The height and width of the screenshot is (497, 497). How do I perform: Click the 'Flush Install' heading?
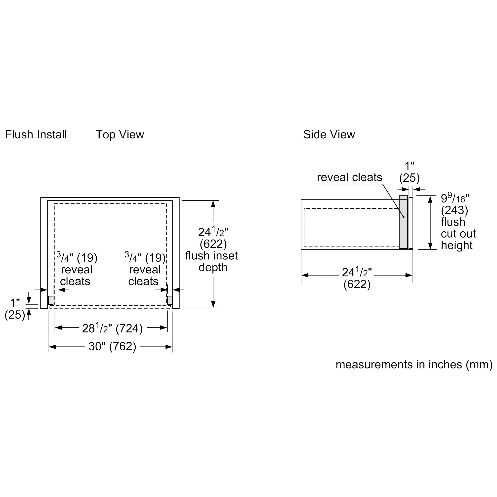36,134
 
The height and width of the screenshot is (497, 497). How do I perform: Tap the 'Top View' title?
120,134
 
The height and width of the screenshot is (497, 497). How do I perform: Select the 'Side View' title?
329,134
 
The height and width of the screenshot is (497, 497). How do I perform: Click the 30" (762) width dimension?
112,346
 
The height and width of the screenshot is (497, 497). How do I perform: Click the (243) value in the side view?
454,210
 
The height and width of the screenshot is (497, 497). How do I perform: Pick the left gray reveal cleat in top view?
51,300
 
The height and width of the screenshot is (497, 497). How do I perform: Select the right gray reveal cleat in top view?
170,300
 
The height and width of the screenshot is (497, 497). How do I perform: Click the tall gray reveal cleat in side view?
403,222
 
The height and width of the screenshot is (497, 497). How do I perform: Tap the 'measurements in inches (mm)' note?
414,365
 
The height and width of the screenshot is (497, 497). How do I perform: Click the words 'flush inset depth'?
212,262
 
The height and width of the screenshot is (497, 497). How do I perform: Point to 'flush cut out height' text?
458,234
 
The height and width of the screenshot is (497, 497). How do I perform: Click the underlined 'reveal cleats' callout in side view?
349,177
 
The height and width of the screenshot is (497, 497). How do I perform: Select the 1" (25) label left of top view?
15,309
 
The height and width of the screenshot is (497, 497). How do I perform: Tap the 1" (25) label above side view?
409,172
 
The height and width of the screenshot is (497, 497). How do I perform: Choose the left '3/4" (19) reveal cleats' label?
77,270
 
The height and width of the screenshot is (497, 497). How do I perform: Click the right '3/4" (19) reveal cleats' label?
145,270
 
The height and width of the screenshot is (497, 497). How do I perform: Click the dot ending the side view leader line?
404,217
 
